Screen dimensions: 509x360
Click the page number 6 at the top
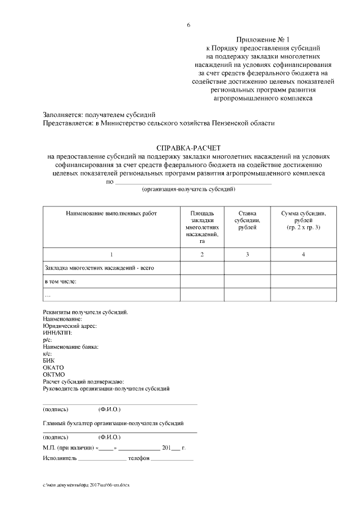188,25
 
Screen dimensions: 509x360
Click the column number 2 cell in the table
202,255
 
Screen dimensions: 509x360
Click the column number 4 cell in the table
303,255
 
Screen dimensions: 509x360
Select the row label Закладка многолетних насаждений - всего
99,268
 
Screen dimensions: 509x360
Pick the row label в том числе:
61,281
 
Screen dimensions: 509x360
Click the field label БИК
49,361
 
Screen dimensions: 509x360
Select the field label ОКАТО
53,367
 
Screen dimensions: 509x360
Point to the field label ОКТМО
54,375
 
